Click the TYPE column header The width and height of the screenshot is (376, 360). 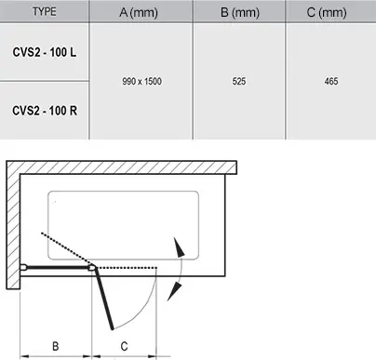click(x=45, y=12)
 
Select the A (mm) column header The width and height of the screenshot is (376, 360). click(x=139, y=12)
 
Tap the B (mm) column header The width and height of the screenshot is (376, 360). click(x=240, y=12)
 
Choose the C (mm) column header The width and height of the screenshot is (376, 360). click(x=327, y=12)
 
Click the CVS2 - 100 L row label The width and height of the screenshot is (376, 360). click(x=45, y=52)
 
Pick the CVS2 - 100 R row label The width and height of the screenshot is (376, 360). click(x=45, y=111)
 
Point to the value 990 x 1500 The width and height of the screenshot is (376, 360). click(x=141, y=81)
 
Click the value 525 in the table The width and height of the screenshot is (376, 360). click(x=239, y=81)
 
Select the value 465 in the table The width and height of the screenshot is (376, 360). click(x=331, y=81)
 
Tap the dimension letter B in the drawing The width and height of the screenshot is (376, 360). click(x=56, y=346)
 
